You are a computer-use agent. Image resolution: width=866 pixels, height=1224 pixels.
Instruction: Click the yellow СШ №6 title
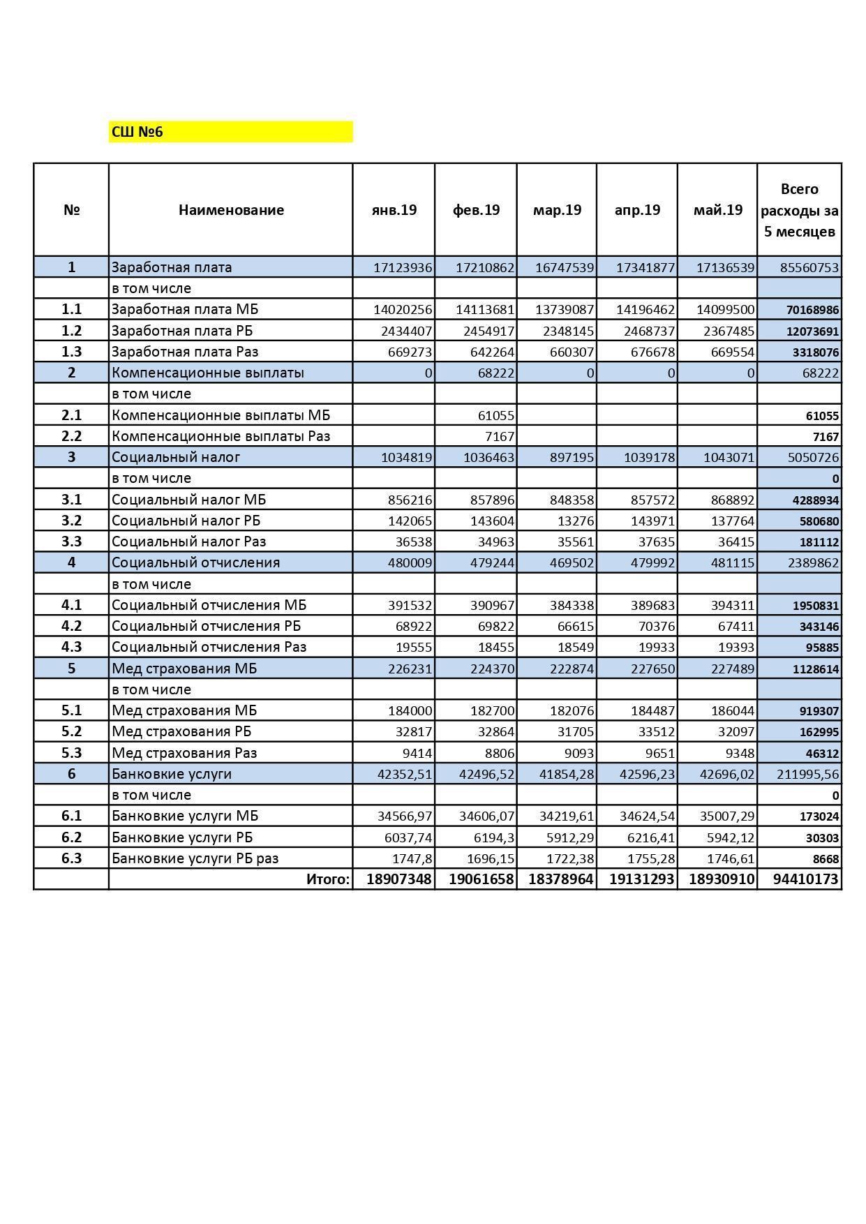pos(137,132)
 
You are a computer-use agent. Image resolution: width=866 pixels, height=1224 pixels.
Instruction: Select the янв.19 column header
pos(394,210)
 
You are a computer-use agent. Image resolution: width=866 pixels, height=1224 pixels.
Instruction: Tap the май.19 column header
pos(717,210)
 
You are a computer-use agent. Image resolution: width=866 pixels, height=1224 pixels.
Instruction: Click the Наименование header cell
pos(231,210)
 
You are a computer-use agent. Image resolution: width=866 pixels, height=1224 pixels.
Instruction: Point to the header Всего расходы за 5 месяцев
pos(799,210)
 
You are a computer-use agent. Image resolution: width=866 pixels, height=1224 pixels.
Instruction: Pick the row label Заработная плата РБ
pos(184,331)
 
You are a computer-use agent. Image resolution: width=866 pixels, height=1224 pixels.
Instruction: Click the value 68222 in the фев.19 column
pos(495,373)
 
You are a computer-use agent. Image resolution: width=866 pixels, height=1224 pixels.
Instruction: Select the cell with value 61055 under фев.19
pos(495,416)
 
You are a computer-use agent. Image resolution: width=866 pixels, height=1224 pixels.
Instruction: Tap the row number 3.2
pos(71,521)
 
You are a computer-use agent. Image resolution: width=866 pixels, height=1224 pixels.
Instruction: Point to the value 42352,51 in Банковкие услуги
pos(404,774)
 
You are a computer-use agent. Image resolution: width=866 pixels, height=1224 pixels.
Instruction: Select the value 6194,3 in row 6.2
pos(494,837)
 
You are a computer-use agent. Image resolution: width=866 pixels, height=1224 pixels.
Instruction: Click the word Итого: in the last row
pos(327,879)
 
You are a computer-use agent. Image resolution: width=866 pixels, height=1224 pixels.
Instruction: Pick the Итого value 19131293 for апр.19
pos(641,879)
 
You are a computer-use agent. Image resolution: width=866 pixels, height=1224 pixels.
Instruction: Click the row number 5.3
pos(71,753)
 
